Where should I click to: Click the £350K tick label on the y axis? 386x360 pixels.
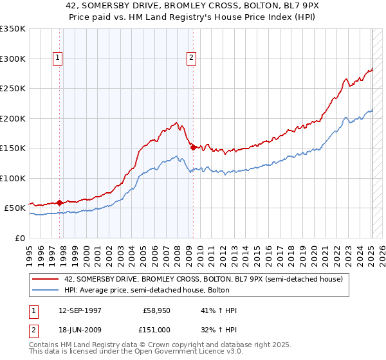(x=13, y=29)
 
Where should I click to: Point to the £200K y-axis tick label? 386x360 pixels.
(x=13, y=118)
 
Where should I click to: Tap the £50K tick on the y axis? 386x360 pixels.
(x=15, y=208)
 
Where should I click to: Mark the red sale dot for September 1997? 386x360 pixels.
(x=60, y=203)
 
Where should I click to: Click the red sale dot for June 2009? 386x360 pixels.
(x=193, y=147)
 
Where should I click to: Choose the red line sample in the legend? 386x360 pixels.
(x=46, y=279)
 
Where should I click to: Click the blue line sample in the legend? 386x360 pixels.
(x=46, y=290)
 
